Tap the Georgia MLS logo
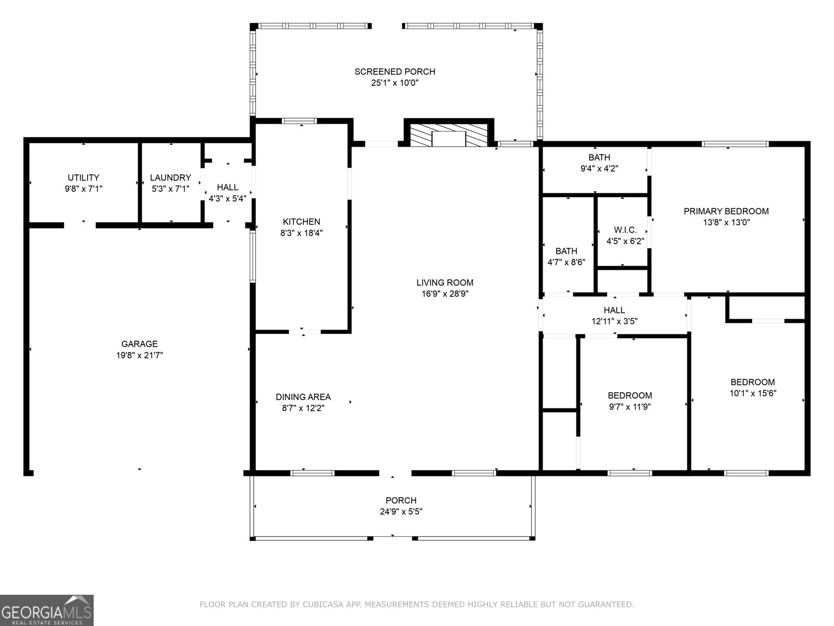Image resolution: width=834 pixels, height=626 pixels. point(46,610)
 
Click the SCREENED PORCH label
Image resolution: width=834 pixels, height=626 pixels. point(395,71)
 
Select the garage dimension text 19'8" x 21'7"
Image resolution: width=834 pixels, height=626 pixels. point(139,355)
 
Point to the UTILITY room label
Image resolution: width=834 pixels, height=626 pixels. point(83,178)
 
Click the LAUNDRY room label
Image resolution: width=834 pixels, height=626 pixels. point(170,178)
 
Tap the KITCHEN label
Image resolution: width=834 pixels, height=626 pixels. point(301,222)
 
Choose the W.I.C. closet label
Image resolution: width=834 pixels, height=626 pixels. point(625,230)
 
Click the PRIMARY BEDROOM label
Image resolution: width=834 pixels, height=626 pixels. point(726,211)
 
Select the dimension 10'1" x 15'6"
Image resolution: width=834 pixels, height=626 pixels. point(753,393)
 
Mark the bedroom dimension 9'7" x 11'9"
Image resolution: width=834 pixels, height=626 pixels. point(630,407)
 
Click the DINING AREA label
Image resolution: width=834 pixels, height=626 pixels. point(303,397)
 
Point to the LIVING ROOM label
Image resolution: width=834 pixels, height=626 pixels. point(445,283)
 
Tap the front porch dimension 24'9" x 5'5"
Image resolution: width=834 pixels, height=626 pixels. point(401,512)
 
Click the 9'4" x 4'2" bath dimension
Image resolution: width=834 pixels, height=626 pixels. point(599,168)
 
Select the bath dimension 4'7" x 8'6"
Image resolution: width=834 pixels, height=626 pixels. point(566,262)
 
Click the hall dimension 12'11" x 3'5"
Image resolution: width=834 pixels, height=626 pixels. point(614,321)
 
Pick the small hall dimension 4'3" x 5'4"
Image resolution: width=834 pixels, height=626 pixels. point(227,198)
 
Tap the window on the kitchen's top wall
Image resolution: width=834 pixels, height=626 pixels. point(299,121)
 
